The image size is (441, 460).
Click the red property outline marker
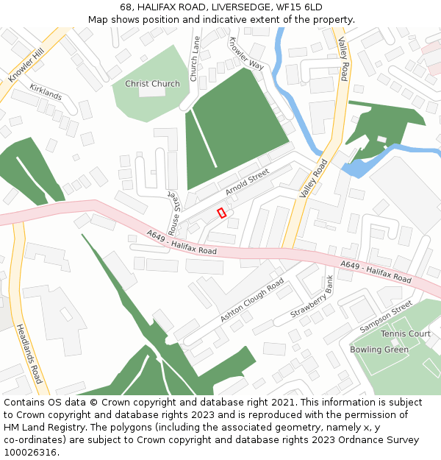click(221, 213)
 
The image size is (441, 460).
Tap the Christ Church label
click(152, 84)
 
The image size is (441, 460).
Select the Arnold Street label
click(248, 182)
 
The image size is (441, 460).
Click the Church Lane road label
click(195, 59)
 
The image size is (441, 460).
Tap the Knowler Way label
click(245, 54)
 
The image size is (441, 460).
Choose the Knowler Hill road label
click(26, 65)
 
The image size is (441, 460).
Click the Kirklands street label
click(46, 93)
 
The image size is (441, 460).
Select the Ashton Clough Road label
click(252, 300)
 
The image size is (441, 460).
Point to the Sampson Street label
click(387, 316)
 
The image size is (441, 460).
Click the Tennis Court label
click(406, 334)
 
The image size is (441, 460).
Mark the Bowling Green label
click(379, 350)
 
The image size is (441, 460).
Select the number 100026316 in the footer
click(31, 453)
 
